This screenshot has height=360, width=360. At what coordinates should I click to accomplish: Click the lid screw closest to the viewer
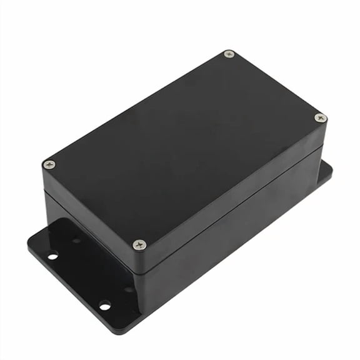pos(139,244)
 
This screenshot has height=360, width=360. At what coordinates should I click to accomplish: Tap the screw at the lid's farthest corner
pos(229,54)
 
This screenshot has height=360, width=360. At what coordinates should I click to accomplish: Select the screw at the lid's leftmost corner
pos(49,164)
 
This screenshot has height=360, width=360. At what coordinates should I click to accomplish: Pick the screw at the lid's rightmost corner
pos(320,117)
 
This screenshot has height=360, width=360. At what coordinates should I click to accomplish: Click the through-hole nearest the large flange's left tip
pos(52,254)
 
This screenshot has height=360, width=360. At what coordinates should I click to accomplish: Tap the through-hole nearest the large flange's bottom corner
pos(104,305)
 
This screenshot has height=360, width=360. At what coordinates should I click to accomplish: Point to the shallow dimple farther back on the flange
pos(76,239)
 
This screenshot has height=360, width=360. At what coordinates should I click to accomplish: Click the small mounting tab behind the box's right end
pos(326,171)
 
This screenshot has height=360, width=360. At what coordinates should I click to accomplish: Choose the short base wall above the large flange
pos(94,250)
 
